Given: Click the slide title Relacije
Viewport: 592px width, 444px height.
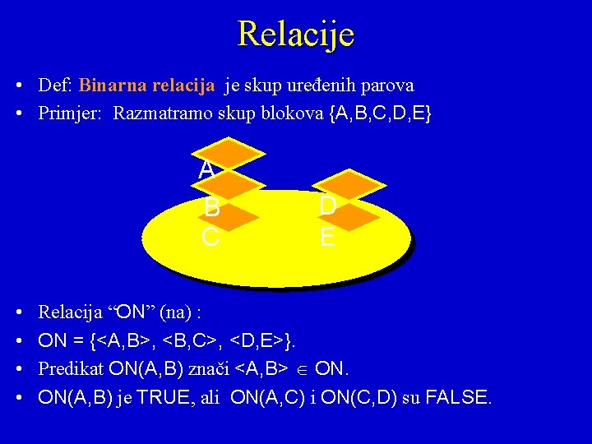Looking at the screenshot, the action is [296, 34].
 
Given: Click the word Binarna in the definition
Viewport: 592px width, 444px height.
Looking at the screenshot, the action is [109, 86].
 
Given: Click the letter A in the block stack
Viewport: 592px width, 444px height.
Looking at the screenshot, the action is [206, 169].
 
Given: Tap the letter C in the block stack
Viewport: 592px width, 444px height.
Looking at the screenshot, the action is [210, 238].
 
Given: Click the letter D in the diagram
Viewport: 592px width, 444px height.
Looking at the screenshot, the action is [326, 206].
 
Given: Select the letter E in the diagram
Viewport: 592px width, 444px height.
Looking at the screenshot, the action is [326, 238].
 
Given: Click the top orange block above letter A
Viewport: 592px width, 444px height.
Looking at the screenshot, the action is [231, 152].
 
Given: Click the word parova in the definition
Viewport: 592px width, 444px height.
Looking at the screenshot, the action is [386, 86].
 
